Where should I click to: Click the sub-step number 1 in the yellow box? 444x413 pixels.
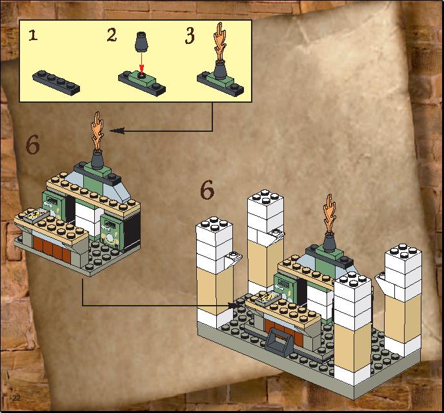33,36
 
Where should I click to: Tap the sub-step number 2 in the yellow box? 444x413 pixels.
112,36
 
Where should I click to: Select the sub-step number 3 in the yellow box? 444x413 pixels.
190,36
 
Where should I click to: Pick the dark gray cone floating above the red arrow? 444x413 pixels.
141,42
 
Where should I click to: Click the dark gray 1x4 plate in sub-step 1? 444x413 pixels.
56,83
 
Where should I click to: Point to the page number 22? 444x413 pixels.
16,397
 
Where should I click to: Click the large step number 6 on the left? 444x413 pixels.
32,145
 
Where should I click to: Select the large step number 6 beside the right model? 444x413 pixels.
207,190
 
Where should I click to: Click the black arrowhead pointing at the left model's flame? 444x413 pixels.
116,131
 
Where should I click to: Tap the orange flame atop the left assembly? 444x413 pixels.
97,131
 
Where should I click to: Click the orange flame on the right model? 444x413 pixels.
329,213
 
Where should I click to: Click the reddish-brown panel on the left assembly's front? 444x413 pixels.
52,249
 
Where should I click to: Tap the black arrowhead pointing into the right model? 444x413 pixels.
232,305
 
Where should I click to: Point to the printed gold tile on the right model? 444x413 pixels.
267,299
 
